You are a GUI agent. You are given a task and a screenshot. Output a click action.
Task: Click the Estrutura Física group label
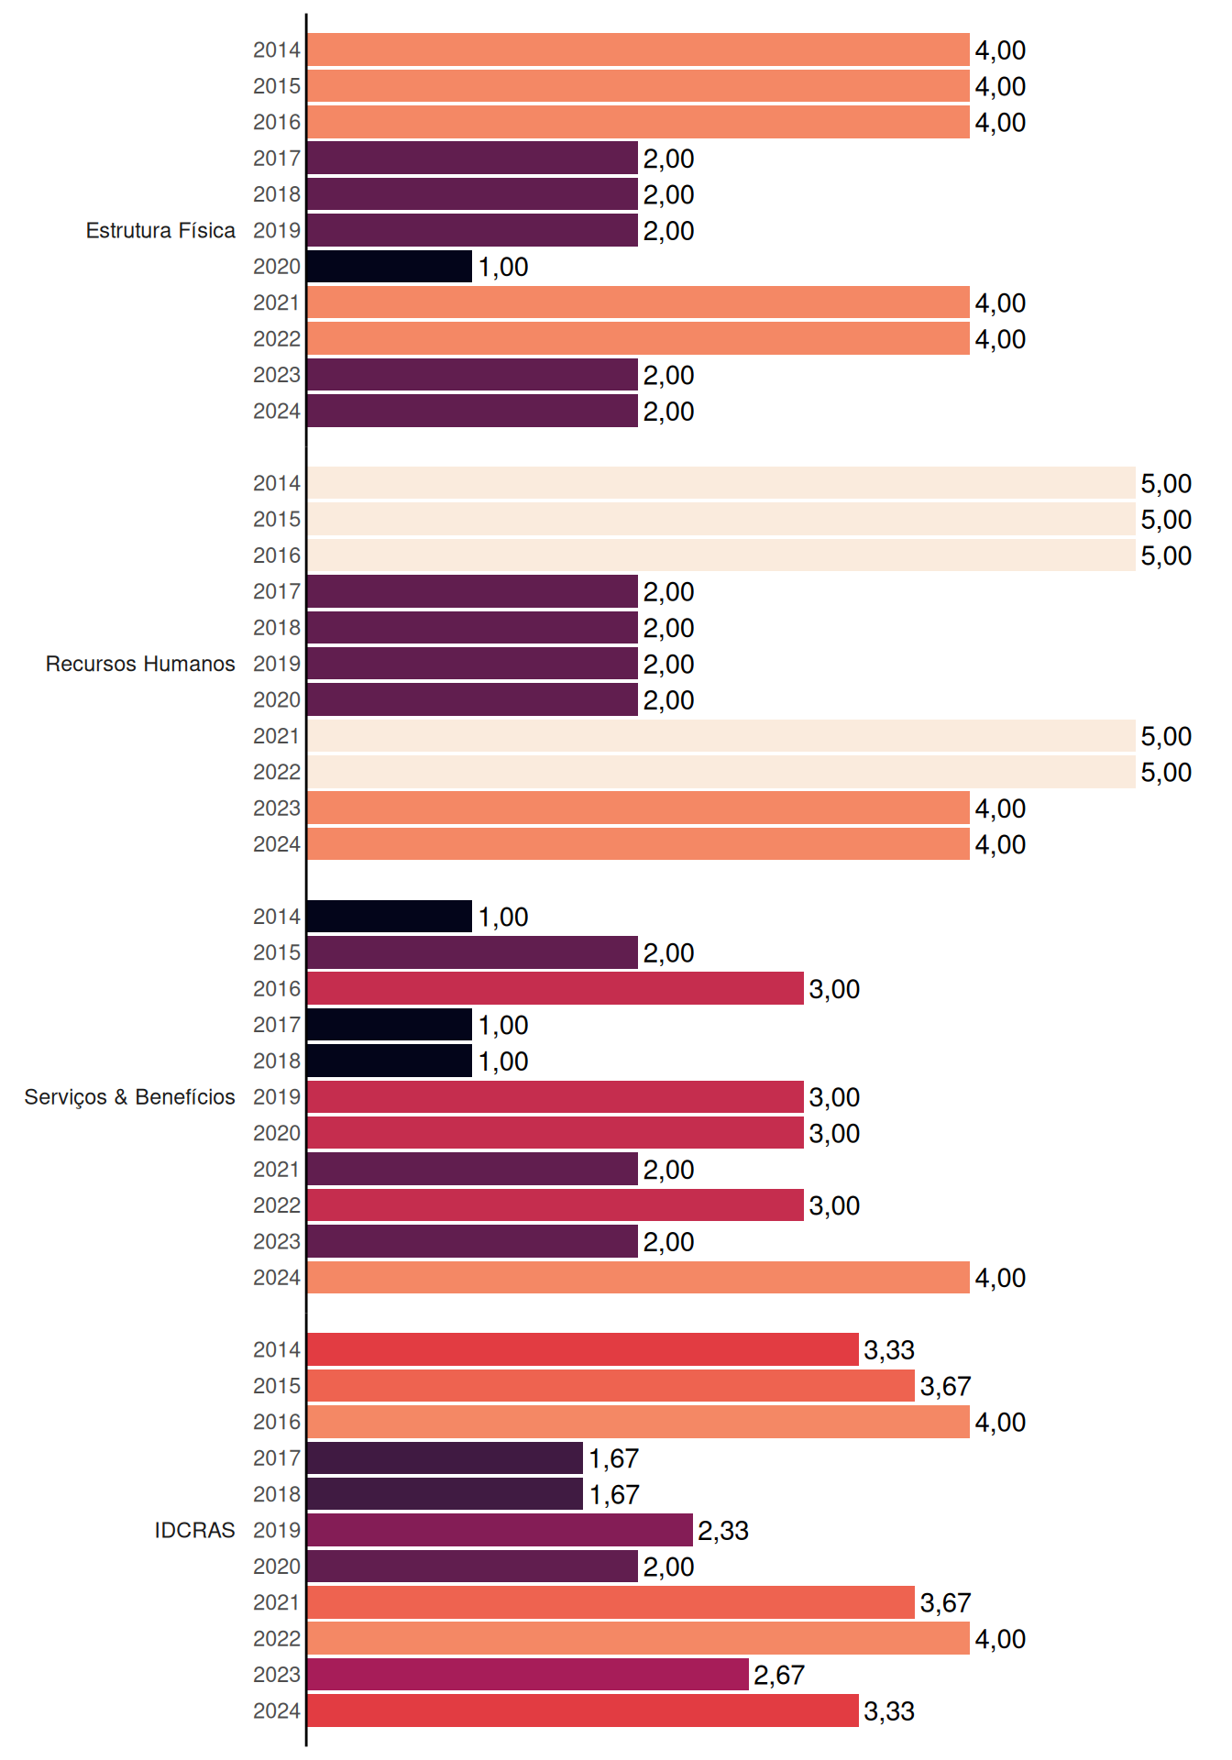pyautogui.click(x=160, y=230)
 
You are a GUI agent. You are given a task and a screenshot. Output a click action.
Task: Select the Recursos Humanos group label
pyautogui.click(x=140, y=664)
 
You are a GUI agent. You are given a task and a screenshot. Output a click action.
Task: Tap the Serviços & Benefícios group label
pyautogui.click(x=129, y=1097)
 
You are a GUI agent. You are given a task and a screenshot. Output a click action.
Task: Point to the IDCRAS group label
pyautogui.click(x=194, y=1530)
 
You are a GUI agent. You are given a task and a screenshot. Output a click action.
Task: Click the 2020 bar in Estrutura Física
pyautogui.click(x=390, y=267)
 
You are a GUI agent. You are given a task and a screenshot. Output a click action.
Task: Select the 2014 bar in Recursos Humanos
pyautogui.click(x=721, y=483)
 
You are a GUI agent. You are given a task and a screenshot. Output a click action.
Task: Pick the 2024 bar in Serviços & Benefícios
pyautogui.click(x=638, y=1278)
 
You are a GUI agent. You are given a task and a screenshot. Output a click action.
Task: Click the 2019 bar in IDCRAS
pyautogui.click(x=500, y=1530)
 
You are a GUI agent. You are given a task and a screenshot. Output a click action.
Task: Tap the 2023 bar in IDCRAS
pyautogui.click(x=528, y=1675)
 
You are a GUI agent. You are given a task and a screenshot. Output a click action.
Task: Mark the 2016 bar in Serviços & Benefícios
pyautogui.click(x=555, y=989)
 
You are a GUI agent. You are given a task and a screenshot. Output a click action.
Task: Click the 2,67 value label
pyautogui.click(x=779, y=1676)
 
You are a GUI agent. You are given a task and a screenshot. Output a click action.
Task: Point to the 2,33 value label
pyautogui.click(x=723, y=1531)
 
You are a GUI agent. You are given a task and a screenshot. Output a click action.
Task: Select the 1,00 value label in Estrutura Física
pyautogui.click(x=503, y=268)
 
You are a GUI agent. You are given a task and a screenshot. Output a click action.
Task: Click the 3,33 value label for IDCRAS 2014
pyautogui.click(x=889, y=1350)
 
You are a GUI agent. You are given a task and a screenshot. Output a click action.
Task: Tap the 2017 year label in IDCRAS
pyautogui.click(x=277, y=1458)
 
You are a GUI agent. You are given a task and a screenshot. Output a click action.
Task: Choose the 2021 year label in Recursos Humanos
pyautogui.click(x=277, y=736)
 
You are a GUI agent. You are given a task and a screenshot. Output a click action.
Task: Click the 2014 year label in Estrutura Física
pyautogui.click(x=277, y=50)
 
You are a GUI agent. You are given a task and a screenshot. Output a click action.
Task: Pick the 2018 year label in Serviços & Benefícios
pyautogui.click(x=277, y=1061)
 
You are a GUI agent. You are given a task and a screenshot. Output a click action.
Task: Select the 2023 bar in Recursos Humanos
pyautogui.click(x=638, y=808)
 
